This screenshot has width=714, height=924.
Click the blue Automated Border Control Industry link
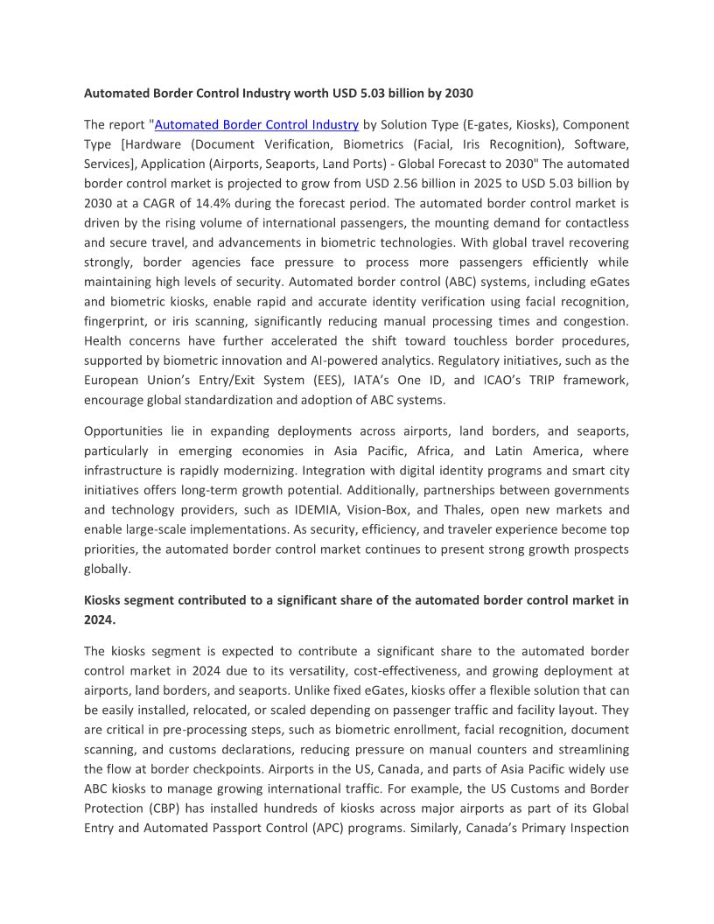coord(256,125)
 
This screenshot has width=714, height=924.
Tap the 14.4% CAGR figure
coord(212,203)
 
